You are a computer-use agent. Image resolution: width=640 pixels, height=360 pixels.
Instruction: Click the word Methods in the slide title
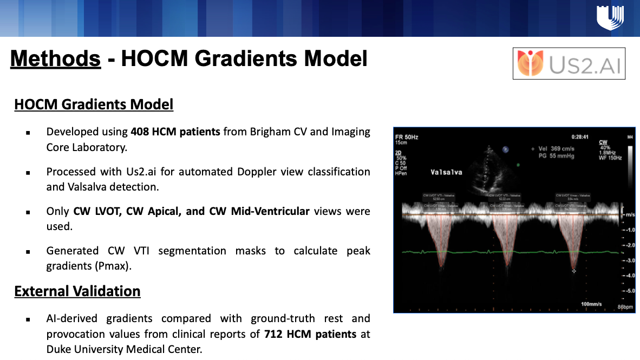[x=55, y=58]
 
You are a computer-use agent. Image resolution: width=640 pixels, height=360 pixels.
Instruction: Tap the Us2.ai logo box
[x=569, y=63]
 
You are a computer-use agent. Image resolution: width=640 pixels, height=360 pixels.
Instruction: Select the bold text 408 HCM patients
[x=175, y=132]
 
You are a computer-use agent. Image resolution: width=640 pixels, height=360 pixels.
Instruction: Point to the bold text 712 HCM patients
[x=310, y=334]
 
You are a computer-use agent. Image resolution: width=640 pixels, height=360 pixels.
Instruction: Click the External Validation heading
[x=77, y=291]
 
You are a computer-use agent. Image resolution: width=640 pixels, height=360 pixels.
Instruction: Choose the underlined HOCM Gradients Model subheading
[x=94, y=104]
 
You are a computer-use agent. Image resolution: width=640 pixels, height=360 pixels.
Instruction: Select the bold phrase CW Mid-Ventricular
[x=259, y=211]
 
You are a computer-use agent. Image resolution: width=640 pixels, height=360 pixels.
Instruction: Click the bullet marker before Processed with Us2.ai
[x=28, y=173]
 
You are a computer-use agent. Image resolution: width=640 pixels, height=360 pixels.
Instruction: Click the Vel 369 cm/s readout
[x=556, y=148]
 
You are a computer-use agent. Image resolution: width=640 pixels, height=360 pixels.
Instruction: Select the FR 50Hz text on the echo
[x=407, y=137]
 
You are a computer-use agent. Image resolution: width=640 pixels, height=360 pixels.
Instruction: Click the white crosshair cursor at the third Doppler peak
[x=574, y=269]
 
